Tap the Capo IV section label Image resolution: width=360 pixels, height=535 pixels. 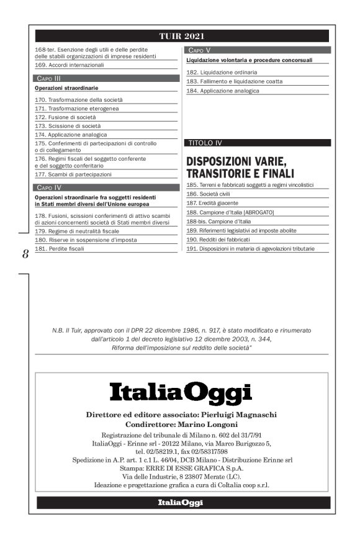48,187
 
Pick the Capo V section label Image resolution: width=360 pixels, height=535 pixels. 199,49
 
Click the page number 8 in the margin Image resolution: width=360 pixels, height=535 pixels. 25,254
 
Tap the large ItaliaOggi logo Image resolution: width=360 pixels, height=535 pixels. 181,393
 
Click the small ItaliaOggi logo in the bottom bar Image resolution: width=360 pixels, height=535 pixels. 180,502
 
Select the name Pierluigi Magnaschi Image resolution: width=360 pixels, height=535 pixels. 238,414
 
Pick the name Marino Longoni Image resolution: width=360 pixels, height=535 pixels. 209,424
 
